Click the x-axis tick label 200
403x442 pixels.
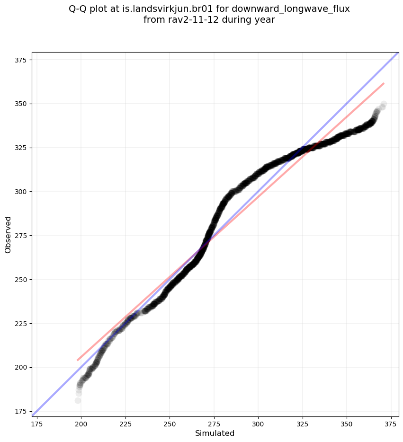81,423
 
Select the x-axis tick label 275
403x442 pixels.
214,423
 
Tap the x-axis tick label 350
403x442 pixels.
347,423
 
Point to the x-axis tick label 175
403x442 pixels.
37,423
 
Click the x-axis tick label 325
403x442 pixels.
302,423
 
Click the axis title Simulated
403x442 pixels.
215,433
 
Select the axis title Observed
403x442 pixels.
8,235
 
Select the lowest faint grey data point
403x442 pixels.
78,400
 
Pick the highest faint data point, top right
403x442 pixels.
384,104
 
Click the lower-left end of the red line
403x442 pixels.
78,360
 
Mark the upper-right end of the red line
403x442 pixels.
384,84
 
